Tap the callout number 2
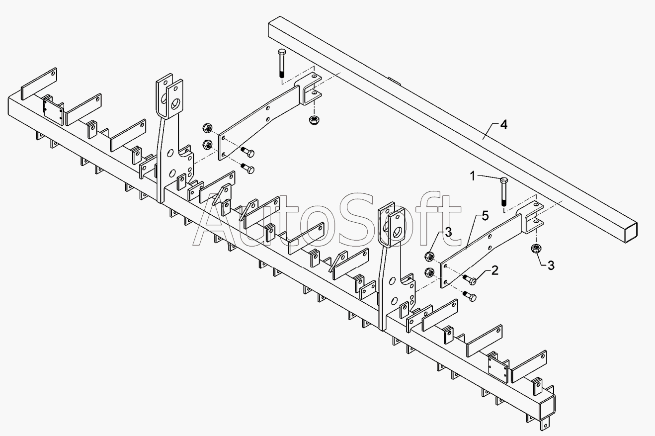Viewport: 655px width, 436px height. click(494, 270)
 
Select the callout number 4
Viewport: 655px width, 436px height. click(503, 125)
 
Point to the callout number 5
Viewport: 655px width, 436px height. click(485, 216)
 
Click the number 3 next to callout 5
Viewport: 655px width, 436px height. click(448, 232)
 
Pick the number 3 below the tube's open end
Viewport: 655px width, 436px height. click(551, 265)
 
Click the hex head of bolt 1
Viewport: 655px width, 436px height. click(503, 179)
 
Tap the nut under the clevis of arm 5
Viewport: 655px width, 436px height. click(536, 249)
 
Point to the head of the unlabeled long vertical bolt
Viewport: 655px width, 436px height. click(281, 52)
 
